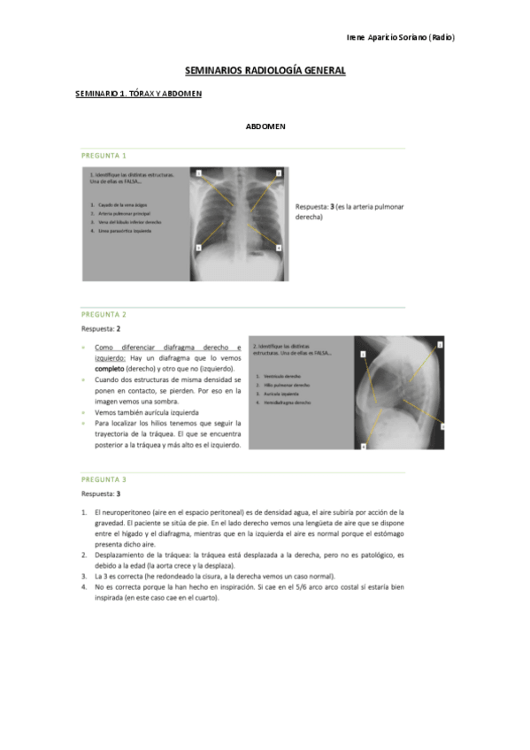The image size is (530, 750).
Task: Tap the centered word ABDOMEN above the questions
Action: pos(265,126)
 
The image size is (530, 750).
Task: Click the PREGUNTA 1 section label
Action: pos(104,154)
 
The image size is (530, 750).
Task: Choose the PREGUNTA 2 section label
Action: pos(104,314)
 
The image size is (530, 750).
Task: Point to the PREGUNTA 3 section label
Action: pos(104,480)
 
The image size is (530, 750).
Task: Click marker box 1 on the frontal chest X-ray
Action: pos(199,172)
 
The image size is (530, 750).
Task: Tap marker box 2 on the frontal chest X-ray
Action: pos(279,172)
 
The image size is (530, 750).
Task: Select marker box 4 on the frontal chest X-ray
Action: pos(278,249)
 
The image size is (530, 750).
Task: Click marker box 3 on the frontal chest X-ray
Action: pos(199,249)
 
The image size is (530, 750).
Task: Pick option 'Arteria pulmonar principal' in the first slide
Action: pos(122,213)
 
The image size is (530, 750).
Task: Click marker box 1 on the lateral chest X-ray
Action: pos(363,353)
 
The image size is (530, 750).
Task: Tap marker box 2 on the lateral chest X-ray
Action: pos(440,342)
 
